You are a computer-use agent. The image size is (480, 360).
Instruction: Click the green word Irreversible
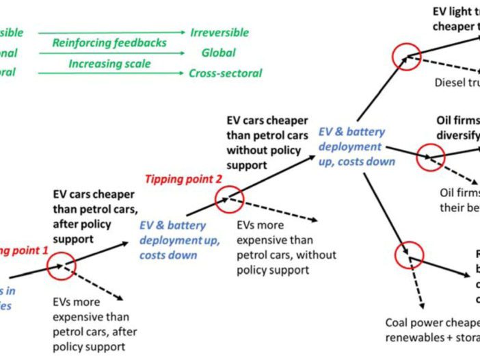pos(219,33)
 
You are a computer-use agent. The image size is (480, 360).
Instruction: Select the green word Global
pos(218,53)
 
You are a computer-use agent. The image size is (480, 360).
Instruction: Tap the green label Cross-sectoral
pos(225,73)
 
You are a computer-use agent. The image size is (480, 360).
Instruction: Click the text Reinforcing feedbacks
pos(109,43)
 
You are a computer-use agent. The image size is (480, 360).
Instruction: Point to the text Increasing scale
pos(109,64)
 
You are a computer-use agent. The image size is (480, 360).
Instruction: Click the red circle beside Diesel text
pos(405,57)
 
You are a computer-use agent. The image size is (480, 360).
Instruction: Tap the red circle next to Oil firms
pos(431,157)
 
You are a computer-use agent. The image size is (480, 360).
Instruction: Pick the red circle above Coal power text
pos(410,255)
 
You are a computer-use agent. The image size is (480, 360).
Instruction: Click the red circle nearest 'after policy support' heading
pos(62,263)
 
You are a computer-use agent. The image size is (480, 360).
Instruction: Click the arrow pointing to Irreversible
pos(112,33)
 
